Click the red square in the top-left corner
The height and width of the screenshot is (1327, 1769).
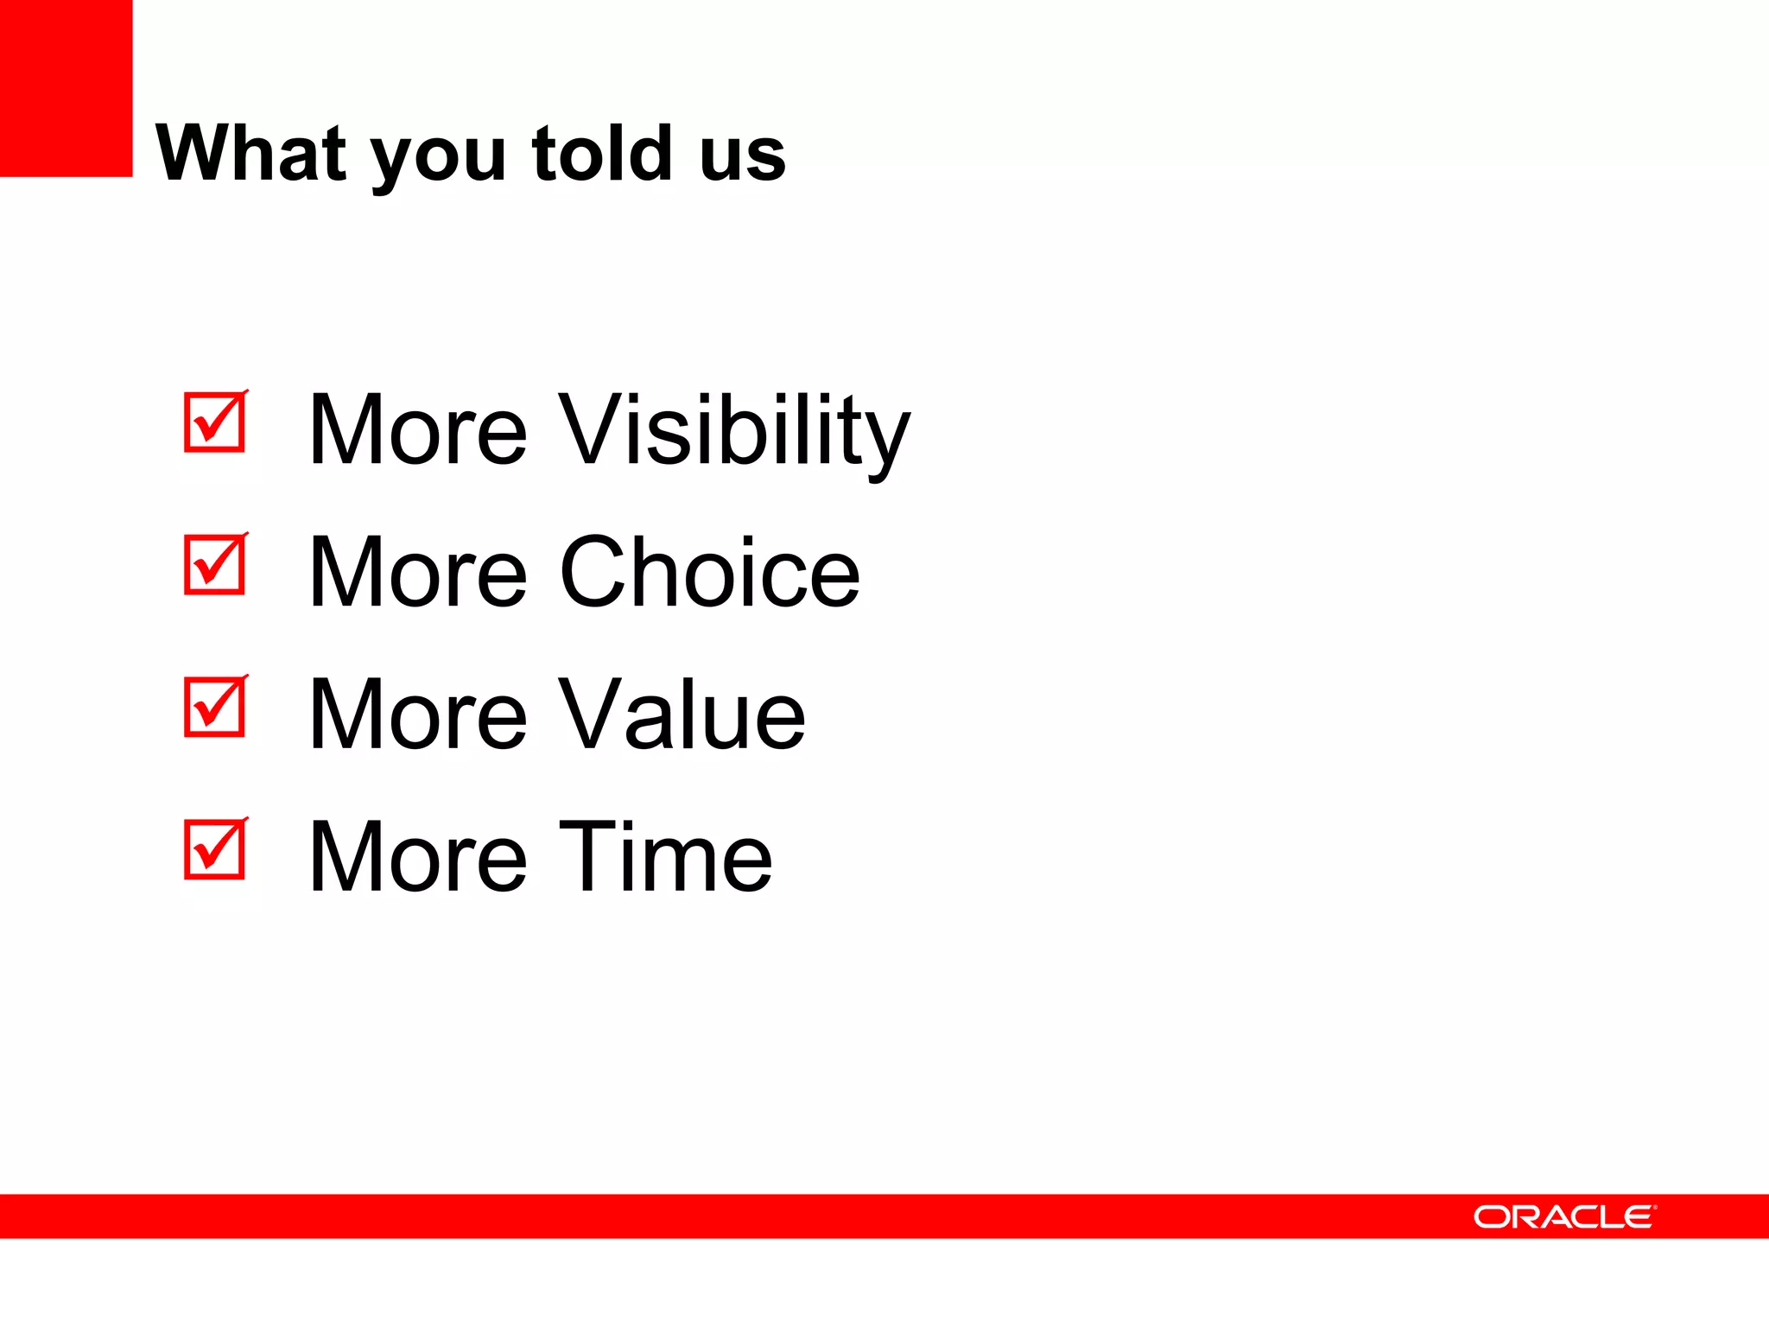(x=66, y=88)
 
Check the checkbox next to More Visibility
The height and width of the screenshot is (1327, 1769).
(x=215, y=422)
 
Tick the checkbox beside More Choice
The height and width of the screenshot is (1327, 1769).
(x=215, y=565)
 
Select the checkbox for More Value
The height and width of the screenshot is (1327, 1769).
(x=215, y=708)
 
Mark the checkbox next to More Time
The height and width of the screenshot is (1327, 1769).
(x=215, y=850)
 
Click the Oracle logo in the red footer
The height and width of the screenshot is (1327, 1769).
(x=1564, y=1216)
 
